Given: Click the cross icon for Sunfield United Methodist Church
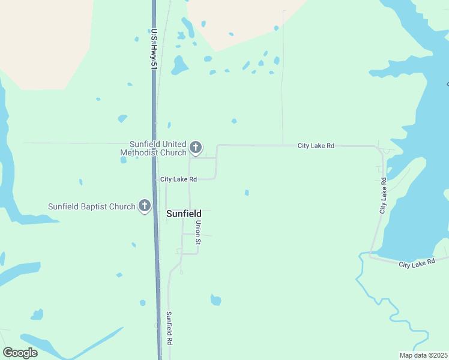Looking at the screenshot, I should click(x=195, y=147).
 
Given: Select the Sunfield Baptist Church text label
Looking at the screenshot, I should click(x=92, y=207).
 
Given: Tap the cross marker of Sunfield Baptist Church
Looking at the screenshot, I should click(x=144, y=206).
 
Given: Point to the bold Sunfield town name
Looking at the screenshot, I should click(x=184, y=214).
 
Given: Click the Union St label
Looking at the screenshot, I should click(x=197, y=232).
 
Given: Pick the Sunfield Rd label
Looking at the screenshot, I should click(x=170, y=328).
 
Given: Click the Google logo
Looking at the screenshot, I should click(x=20, y=353).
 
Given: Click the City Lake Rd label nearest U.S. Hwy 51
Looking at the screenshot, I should click(x=178, y=179).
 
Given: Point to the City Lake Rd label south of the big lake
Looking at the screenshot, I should click(x=416, y=263).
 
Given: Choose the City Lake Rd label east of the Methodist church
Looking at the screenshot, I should click(x=316, y=146).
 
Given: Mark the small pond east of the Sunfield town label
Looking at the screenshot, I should click(x=247, y=193).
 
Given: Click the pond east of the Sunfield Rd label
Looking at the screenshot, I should click(x=215, y=300).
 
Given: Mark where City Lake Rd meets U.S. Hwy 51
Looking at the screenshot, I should click(x=155, y=179).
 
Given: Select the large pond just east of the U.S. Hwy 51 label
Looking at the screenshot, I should click(x=179, y=65).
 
